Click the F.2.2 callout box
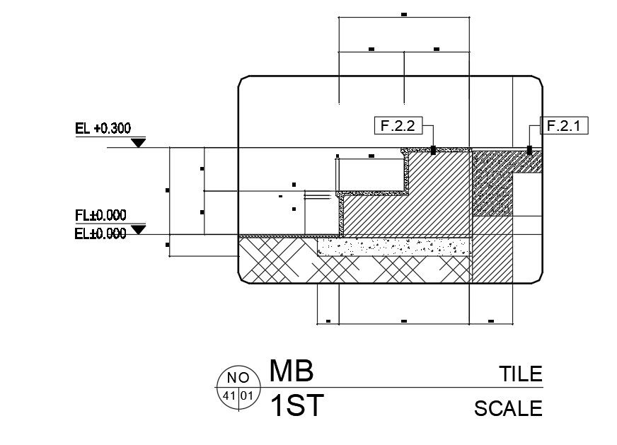[397, 126]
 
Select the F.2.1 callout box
[564, 126]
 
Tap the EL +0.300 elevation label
[103, 128]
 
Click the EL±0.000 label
[100, 233]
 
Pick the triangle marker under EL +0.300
[139, 143]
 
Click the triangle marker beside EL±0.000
[139, 229]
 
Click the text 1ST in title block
[297, 406]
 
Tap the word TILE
[520, 374]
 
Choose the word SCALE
[508, 408]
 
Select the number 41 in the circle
[229, 395]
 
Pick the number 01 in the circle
[246, 395]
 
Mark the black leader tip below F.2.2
[433, 150]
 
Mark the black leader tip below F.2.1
[529, 150]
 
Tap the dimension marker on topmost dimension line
[404, 13]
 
